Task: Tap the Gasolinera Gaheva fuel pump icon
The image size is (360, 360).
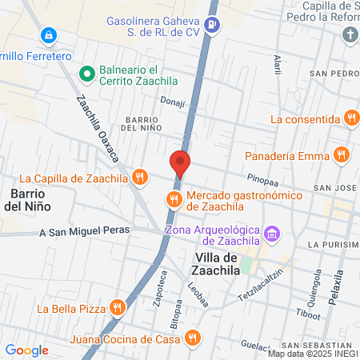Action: [x=212, y=24]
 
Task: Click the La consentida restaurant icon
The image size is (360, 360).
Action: [x=350, y=119]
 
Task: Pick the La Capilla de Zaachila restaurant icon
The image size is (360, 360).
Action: [x=141, y=178]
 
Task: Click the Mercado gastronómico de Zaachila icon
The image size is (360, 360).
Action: [x=173, y=199]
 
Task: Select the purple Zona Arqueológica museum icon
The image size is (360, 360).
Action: [x=273, y=234]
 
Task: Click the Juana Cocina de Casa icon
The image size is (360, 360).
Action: [x=191, y=338]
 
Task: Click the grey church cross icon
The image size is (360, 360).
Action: [x=350, y=35]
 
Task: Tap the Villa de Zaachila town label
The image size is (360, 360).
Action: [x=218, y=263]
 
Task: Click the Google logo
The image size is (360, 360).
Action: [x=26, y=350]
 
